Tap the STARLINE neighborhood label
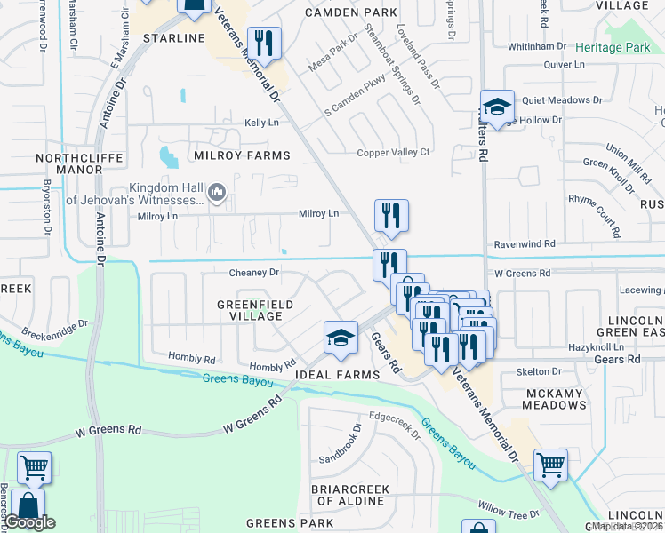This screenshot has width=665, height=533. pos(175,39)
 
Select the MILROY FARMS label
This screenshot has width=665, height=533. pos(242,155)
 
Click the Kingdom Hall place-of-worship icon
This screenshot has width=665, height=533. pos(216,193)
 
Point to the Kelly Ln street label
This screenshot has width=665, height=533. pos(261,123)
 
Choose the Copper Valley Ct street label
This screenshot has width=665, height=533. pos(393,153)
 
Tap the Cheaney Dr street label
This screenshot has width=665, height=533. pos(254,273)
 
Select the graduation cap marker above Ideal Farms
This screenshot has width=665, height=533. pos(341,338)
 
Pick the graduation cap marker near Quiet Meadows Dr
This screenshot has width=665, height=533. pos(497,107)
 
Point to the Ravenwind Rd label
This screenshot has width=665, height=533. pos(524,243)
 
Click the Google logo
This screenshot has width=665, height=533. pos(30,522)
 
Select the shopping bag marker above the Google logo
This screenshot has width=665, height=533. pos(28,505)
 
